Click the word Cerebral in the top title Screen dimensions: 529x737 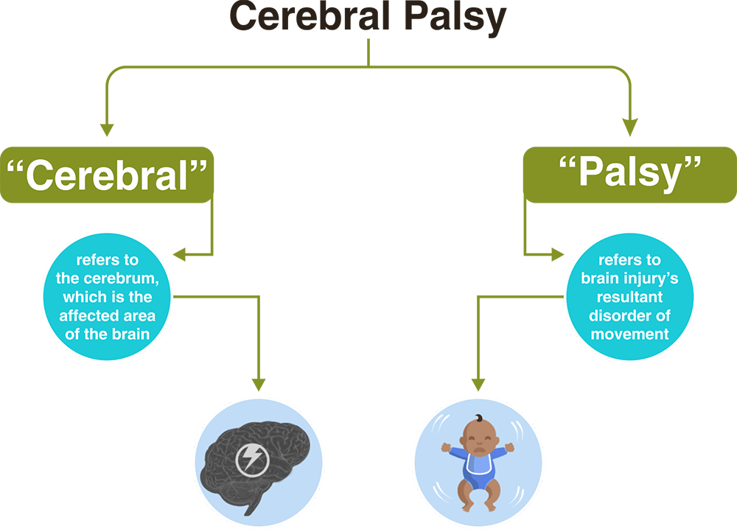coord(307,18)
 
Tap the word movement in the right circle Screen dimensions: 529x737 coord(629,334)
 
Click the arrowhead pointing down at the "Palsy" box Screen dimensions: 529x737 coord(629,129)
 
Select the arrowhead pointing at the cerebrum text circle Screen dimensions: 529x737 coord(179,256)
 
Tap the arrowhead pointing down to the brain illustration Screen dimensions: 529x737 coord(258,384)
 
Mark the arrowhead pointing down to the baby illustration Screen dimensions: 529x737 coord(478,384)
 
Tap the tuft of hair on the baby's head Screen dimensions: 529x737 coord(479,418)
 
